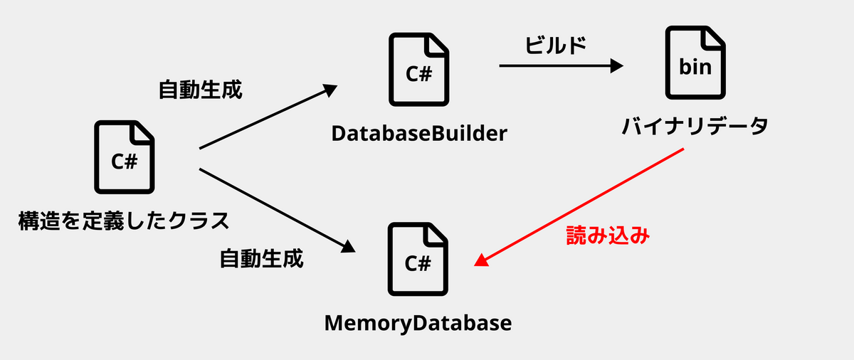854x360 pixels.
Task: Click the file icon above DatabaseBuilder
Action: (x=418, y=70)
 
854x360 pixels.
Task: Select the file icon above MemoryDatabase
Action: (x=418, y=259)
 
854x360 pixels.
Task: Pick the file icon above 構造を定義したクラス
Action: (x=125, y=157)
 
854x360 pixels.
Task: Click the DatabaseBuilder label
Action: (x=418, y=133)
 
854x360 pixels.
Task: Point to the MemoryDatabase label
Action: (x=418, y=323)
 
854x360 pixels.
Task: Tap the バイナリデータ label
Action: (x=695, y=127)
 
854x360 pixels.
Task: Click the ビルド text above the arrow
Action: (x=556, y=46)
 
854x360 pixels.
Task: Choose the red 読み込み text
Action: (x=608, y=235)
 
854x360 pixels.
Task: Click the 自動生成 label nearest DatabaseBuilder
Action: (x=200, y=90)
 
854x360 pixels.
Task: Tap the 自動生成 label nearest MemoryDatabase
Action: (x=261, y=258)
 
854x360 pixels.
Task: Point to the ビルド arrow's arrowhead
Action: (x=616, y=66)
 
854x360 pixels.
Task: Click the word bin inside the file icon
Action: (x=695, y=68)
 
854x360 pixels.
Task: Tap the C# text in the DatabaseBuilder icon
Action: (x=418, y=75)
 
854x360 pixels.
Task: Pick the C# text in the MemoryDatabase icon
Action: (x=418, y=264)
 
